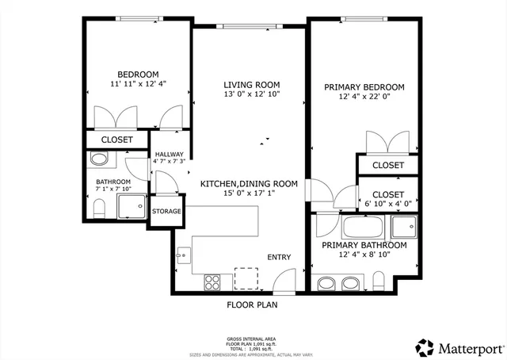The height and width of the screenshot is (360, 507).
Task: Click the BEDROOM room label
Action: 138,73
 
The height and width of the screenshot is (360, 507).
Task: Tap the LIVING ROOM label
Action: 251,85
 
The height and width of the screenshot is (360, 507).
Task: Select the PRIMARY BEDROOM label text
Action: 364,87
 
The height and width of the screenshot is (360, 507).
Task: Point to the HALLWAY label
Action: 169,155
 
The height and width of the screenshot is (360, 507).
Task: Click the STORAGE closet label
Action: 166,212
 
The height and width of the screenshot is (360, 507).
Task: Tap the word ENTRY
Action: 279,257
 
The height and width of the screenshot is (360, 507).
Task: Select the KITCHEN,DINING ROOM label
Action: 249,183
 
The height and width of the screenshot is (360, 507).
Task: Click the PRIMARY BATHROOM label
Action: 364,245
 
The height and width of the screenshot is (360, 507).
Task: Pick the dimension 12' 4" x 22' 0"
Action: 364,98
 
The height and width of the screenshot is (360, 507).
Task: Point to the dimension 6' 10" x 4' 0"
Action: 387,203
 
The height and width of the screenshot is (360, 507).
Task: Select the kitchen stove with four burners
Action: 212,280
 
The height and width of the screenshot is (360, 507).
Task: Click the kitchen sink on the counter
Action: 183,255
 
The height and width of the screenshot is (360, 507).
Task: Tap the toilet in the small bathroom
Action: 100,209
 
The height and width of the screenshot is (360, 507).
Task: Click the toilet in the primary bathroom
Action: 378,281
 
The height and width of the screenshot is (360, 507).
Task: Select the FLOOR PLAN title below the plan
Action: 252,304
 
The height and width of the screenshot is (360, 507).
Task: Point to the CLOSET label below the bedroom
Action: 117,140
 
